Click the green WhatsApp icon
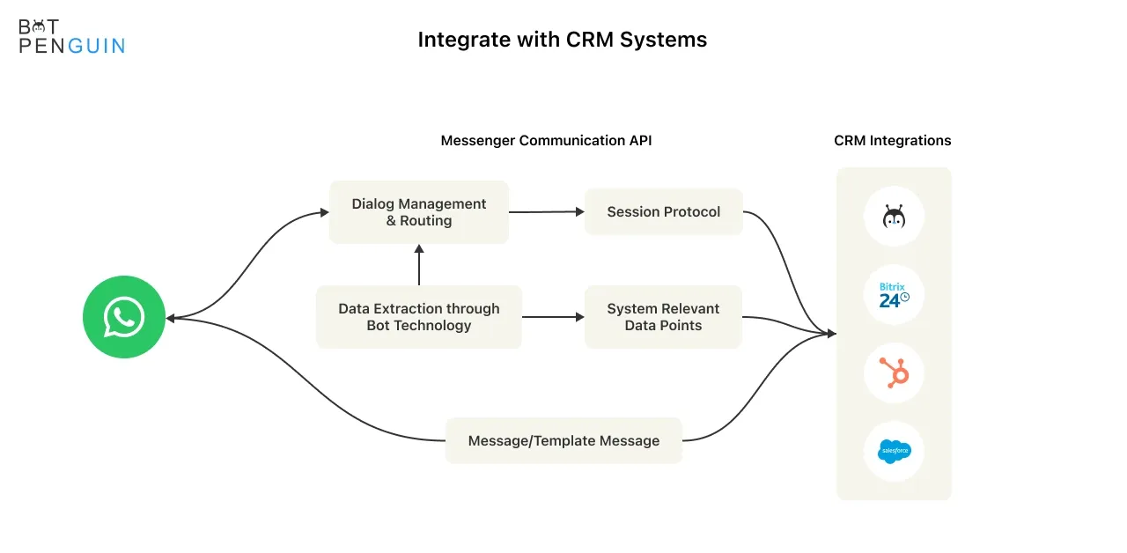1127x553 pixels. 124,317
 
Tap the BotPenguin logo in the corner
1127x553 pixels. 71,36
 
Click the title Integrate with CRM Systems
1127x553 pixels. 562,40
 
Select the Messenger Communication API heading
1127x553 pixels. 546,140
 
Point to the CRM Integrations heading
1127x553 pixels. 892,140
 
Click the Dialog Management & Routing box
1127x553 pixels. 418,212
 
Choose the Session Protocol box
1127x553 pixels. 663,211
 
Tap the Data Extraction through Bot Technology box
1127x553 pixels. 418,317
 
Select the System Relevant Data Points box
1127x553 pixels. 663,317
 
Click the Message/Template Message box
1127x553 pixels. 563,441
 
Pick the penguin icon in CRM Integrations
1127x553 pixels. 894,217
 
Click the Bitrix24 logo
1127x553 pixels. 894,295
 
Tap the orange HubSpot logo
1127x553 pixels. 894,372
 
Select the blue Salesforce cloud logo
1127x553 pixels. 894,451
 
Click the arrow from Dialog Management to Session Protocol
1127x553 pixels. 547,212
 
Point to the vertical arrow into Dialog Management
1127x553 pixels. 418,265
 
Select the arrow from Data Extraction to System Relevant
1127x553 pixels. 553,317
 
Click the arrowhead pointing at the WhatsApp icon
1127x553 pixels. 170,318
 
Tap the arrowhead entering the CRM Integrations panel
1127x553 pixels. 832,333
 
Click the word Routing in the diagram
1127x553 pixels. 425,220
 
